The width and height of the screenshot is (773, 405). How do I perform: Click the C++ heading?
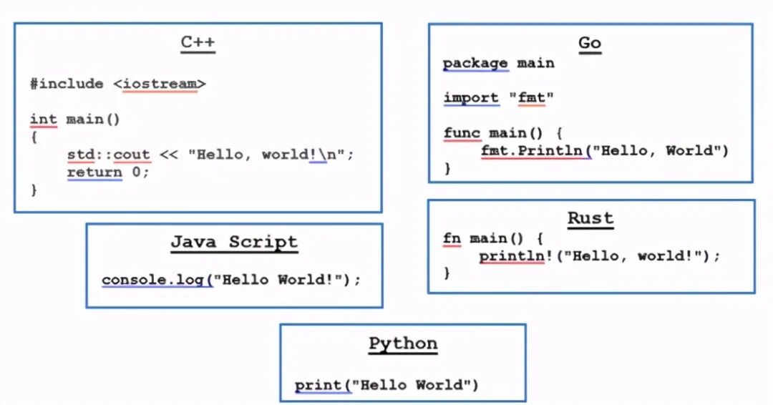coord(198,43)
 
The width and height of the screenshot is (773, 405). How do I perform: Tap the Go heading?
coord(589,43)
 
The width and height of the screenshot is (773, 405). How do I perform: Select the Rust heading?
coord(590,218)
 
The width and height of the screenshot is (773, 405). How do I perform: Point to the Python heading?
coord(403,343)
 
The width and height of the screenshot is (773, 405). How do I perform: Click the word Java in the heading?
coord(193,242)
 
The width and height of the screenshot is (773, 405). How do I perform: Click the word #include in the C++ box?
coord(67,84)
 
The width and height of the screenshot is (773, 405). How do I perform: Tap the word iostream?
coord(160,84)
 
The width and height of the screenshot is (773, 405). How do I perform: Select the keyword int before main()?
coord(43,119)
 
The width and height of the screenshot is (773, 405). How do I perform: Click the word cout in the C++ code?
coord(132,154)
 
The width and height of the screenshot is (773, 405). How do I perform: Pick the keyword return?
coord(94,172)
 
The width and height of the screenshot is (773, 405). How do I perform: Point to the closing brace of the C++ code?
coord(34,190)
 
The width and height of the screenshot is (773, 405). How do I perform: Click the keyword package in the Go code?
coord(475,63)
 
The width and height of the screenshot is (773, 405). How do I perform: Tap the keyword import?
coord(470,97)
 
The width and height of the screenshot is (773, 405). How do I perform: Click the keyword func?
coord(462,133)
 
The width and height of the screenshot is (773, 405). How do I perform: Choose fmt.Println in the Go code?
coord(535,150)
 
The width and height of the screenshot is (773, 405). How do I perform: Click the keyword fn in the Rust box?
coord(452,238)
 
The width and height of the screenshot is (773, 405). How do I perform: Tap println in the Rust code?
coord(511,255)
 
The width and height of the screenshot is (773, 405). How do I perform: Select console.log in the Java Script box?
coord(153,280)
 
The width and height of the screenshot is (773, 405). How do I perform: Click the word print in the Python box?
coord(319,385)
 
